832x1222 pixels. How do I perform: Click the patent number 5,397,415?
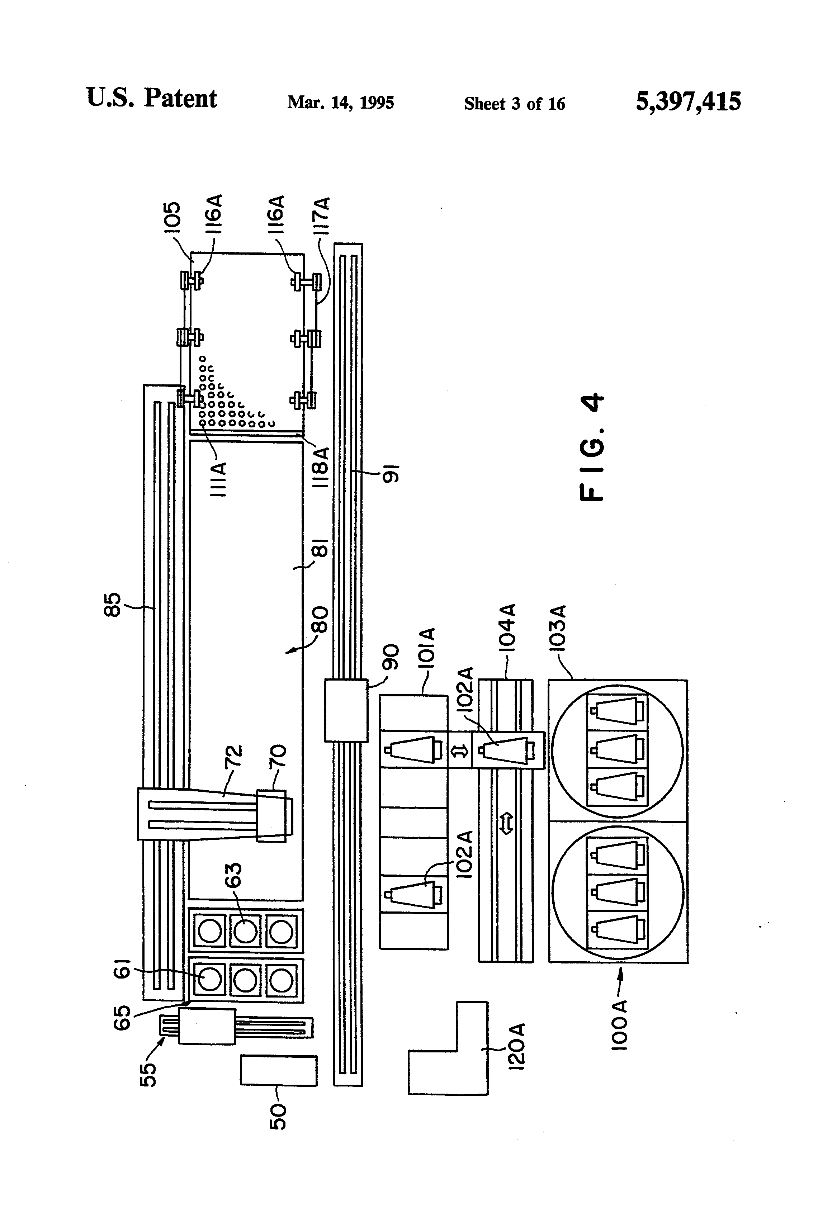688,101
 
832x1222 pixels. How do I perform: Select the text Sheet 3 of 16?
514,104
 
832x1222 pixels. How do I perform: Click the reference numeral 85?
113,604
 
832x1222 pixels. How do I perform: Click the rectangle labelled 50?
279,1070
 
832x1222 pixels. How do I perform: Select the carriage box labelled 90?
345,710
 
